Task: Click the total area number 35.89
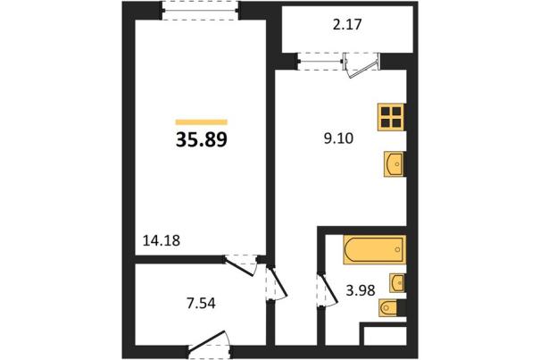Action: (x=202, y=140)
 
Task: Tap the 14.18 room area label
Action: (x=162, y=240)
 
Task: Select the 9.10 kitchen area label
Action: (x=338, y=138)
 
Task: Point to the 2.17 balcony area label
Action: (x=347, y=25)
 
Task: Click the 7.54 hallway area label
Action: (x=201, y=304)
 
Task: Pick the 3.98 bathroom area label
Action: (x=361, y=290)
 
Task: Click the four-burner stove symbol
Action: (x=391, y=117)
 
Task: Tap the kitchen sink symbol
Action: (x=394, y=164)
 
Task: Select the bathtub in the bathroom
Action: (x=374, y=249)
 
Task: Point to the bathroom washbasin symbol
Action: (x=397, y=283)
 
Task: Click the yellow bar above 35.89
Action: (x=202, y=121)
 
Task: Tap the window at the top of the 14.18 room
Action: (x=200, y=11)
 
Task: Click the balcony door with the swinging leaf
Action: (x=361, y=65)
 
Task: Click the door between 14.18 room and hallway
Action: (x=241, y=264)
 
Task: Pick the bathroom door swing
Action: (x=328, y=289)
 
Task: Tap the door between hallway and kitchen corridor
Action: (x=277, y=283)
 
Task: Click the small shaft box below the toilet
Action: (x=385, y=334)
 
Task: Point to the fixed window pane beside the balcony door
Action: (x=320, y=62)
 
